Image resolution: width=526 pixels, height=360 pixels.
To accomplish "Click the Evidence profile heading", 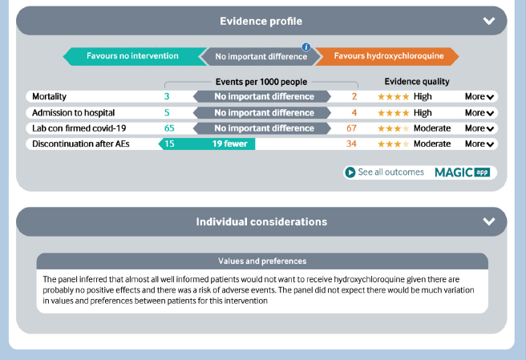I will pos(261,21).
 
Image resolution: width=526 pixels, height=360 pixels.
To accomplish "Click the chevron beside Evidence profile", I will pos(489,22).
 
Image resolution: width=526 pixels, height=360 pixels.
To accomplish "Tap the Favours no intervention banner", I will pos(132,56).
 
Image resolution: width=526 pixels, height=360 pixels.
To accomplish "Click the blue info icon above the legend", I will pos(305,47).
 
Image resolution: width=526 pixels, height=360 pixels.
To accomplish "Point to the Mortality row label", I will pos(50,96).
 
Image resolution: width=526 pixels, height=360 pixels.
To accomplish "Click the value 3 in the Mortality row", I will pos(167,96).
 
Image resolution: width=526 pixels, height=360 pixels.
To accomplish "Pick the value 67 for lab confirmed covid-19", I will pos(352,128).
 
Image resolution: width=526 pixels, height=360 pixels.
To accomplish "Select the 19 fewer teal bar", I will pos(208,144).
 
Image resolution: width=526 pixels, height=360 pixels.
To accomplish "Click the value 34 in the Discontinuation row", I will pos(352,144).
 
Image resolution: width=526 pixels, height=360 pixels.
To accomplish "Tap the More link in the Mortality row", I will pos(480,96).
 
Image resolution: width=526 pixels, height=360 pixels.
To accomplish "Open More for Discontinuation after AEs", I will pos(480,144).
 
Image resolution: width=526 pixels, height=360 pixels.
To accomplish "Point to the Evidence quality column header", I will pos(417,81).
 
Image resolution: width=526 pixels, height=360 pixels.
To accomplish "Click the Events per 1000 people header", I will pos(261,81).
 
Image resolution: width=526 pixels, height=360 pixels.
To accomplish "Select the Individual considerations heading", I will pos(261,221).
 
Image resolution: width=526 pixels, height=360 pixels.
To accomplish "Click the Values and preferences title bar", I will pos(262,261).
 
